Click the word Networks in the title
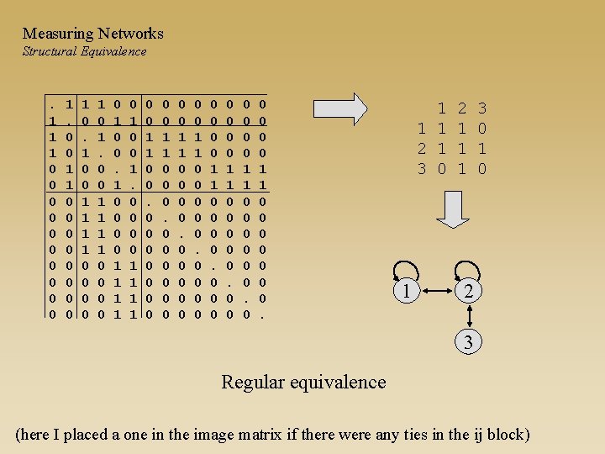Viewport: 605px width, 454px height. tap(130, 34)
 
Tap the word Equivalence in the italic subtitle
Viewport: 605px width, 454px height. tap(113, 51)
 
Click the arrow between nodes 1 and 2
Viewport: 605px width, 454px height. tap(437, 292)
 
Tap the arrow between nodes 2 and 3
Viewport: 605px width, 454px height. tap(468, 318)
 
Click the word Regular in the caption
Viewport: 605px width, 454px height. tap(253, 382)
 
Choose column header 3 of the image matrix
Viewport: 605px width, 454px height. tap(482, 108)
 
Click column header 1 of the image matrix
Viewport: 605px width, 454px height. tap(441, 108)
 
